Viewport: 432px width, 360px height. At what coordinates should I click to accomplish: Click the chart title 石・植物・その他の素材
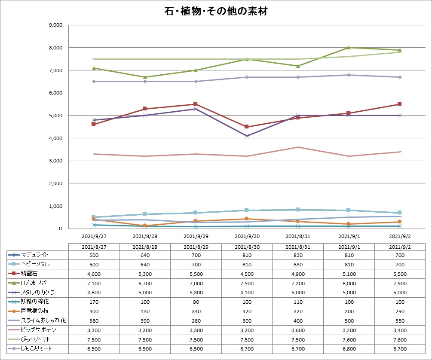tap(216, 12)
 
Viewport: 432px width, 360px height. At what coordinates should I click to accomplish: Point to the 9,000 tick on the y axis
tap(56, 25)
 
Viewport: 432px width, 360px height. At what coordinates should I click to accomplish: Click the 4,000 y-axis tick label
tap(56, 138)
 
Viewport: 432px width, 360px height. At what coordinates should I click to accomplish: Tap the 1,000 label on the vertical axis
tap(56, 206)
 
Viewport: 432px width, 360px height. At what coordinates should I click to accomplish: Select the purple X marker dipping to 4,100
tap(247, 136)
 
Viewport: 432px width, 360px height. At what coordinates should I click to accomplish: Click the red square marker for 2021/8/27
tap(93, 124)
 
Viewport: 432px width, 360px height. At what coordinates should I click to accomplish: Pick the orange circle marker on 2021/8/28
tap(145, 226)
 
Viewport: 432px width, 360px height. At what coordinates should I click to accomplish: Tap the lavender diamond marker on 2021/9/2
tap(400, 77)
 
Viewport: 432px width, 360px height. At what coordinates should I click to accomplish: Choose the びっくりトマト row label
tap(36, 339)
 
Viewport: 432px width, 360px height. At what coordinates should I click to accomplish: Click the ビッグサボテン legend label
tap(38, 330)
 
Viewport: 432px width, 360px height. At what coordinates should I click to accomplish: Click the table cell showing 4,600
tap(93, 274)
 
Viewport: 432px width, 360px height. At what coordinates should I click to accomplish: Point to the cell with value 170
tap(93, 302)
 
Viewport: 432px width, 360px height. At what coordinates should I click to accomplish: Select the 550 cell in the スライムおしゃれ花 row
tap(400, 320)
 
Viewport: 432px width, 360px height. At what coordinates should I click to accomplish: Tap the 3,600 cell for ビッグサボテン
tap(298, 330)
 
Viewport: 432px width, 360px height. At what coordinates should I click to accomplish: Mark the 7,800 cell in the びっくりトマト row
tap(400, 339)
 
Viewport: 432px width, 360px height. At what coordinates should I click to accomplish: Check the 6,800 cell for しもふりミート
tap(349, 349)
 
